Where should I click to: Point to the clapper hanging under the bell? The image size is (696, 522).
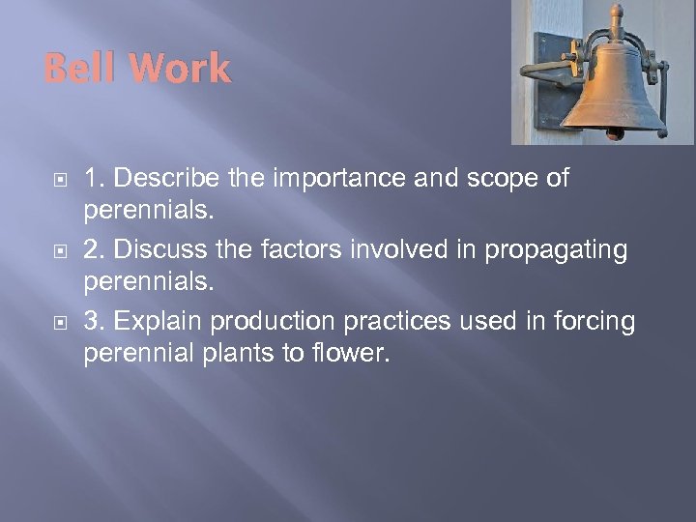coord(615,133)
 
